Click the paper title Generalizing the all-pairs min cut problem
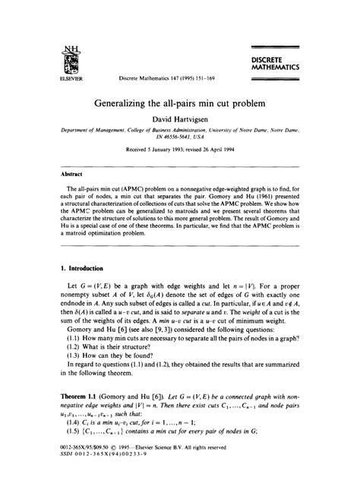click(x=179, y=103)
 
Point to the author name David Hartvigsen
click(x=180, y=120)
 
